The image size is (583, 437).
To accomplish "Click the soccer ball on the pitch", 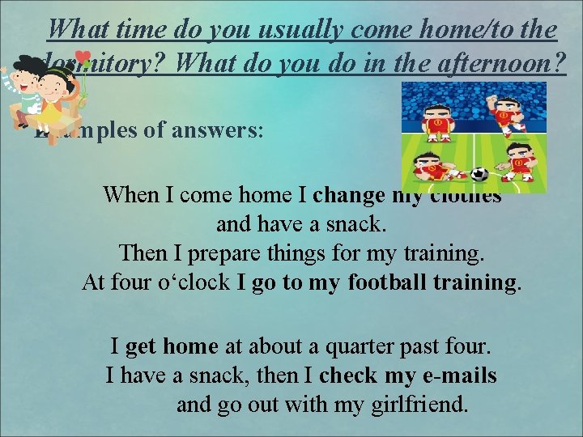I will click(x=479, y=173).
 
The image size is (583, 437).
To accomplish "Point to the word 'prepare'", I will click(x=208, y=252).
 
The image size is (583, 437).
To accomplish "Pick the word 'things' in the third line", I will click(x=289, y=252).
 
